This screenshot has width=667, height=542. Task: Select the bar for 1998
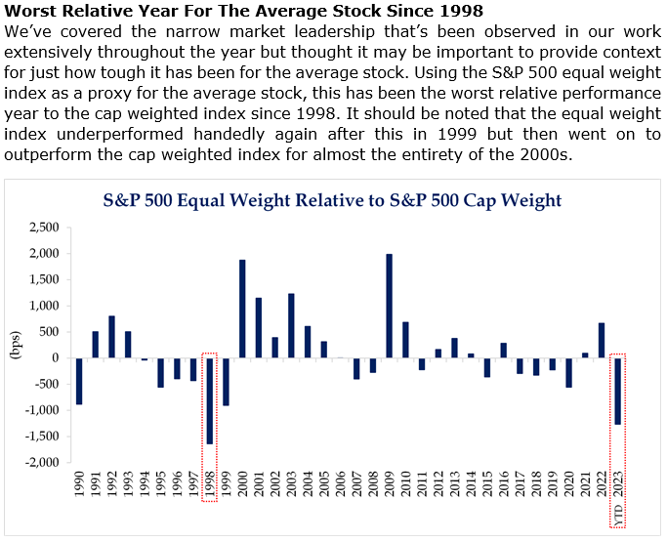coord(210,400)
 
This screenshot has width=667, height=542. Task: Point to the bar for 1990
coord(79,381)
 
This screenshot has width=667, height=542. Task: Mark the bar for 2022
coord(602,340)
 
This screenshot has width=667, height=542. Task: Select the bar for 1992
coord(111,337)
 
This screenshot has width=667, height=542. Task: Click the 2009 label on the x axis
coord(390,488)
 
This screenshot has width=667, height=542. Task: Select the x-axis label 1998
coord(210,488)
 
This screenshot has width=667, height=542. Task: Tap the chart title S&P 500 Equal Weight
coord(333,200)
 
